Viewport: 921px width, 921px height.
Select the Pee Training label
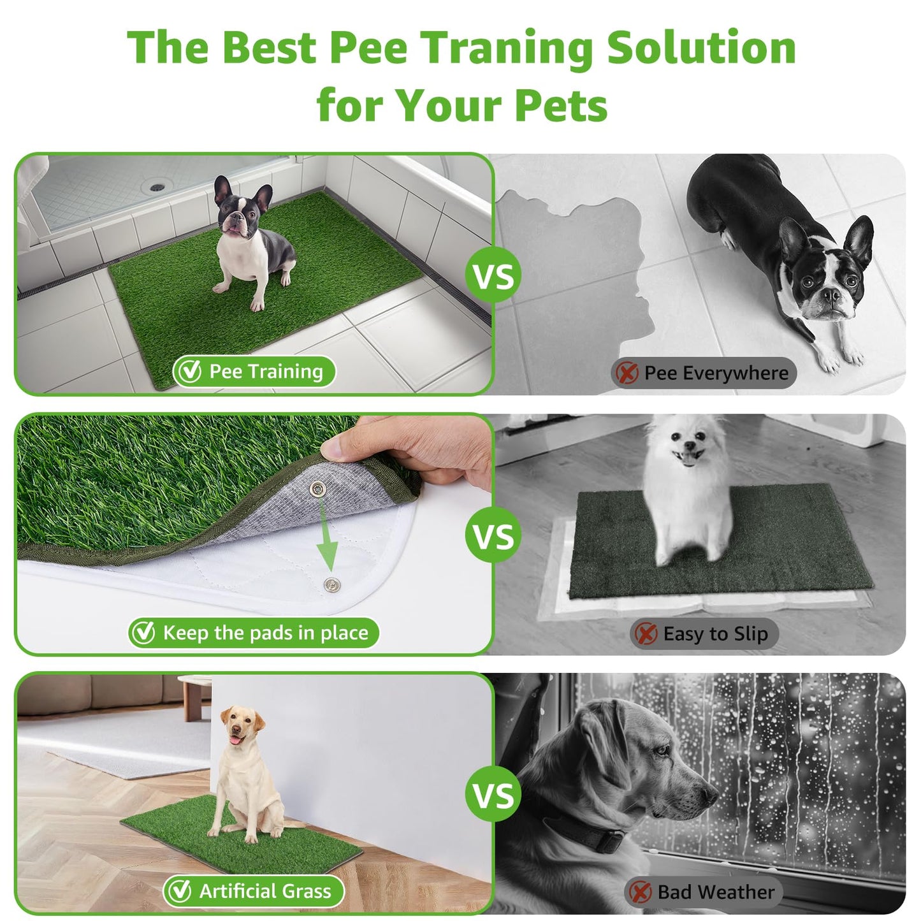254,372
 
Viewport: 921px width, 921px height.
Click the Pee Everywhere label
704,373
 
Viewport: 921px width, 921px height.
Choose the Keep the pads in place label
254,633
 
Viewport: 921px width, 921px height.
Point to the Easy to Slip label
704,634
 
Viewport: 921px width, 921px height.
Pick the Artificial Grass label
254,891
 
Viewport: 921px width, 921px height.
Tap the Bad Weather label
704,892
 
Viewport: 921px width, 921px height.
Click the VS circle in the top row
493,276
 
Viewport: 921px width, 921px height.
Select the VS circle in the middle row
493,535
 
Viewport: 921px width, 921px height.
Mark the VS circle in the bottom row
493,795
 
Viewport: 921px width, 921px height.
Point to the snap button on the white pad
331,584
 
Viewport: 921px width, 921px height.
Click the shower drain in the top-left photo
156,187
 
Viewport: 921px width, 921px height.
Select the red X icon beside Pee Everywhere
627,373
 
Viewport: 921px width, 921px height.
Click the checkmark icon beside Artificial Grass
179,891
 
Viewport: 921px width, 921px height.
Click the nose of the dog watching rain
707,795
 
